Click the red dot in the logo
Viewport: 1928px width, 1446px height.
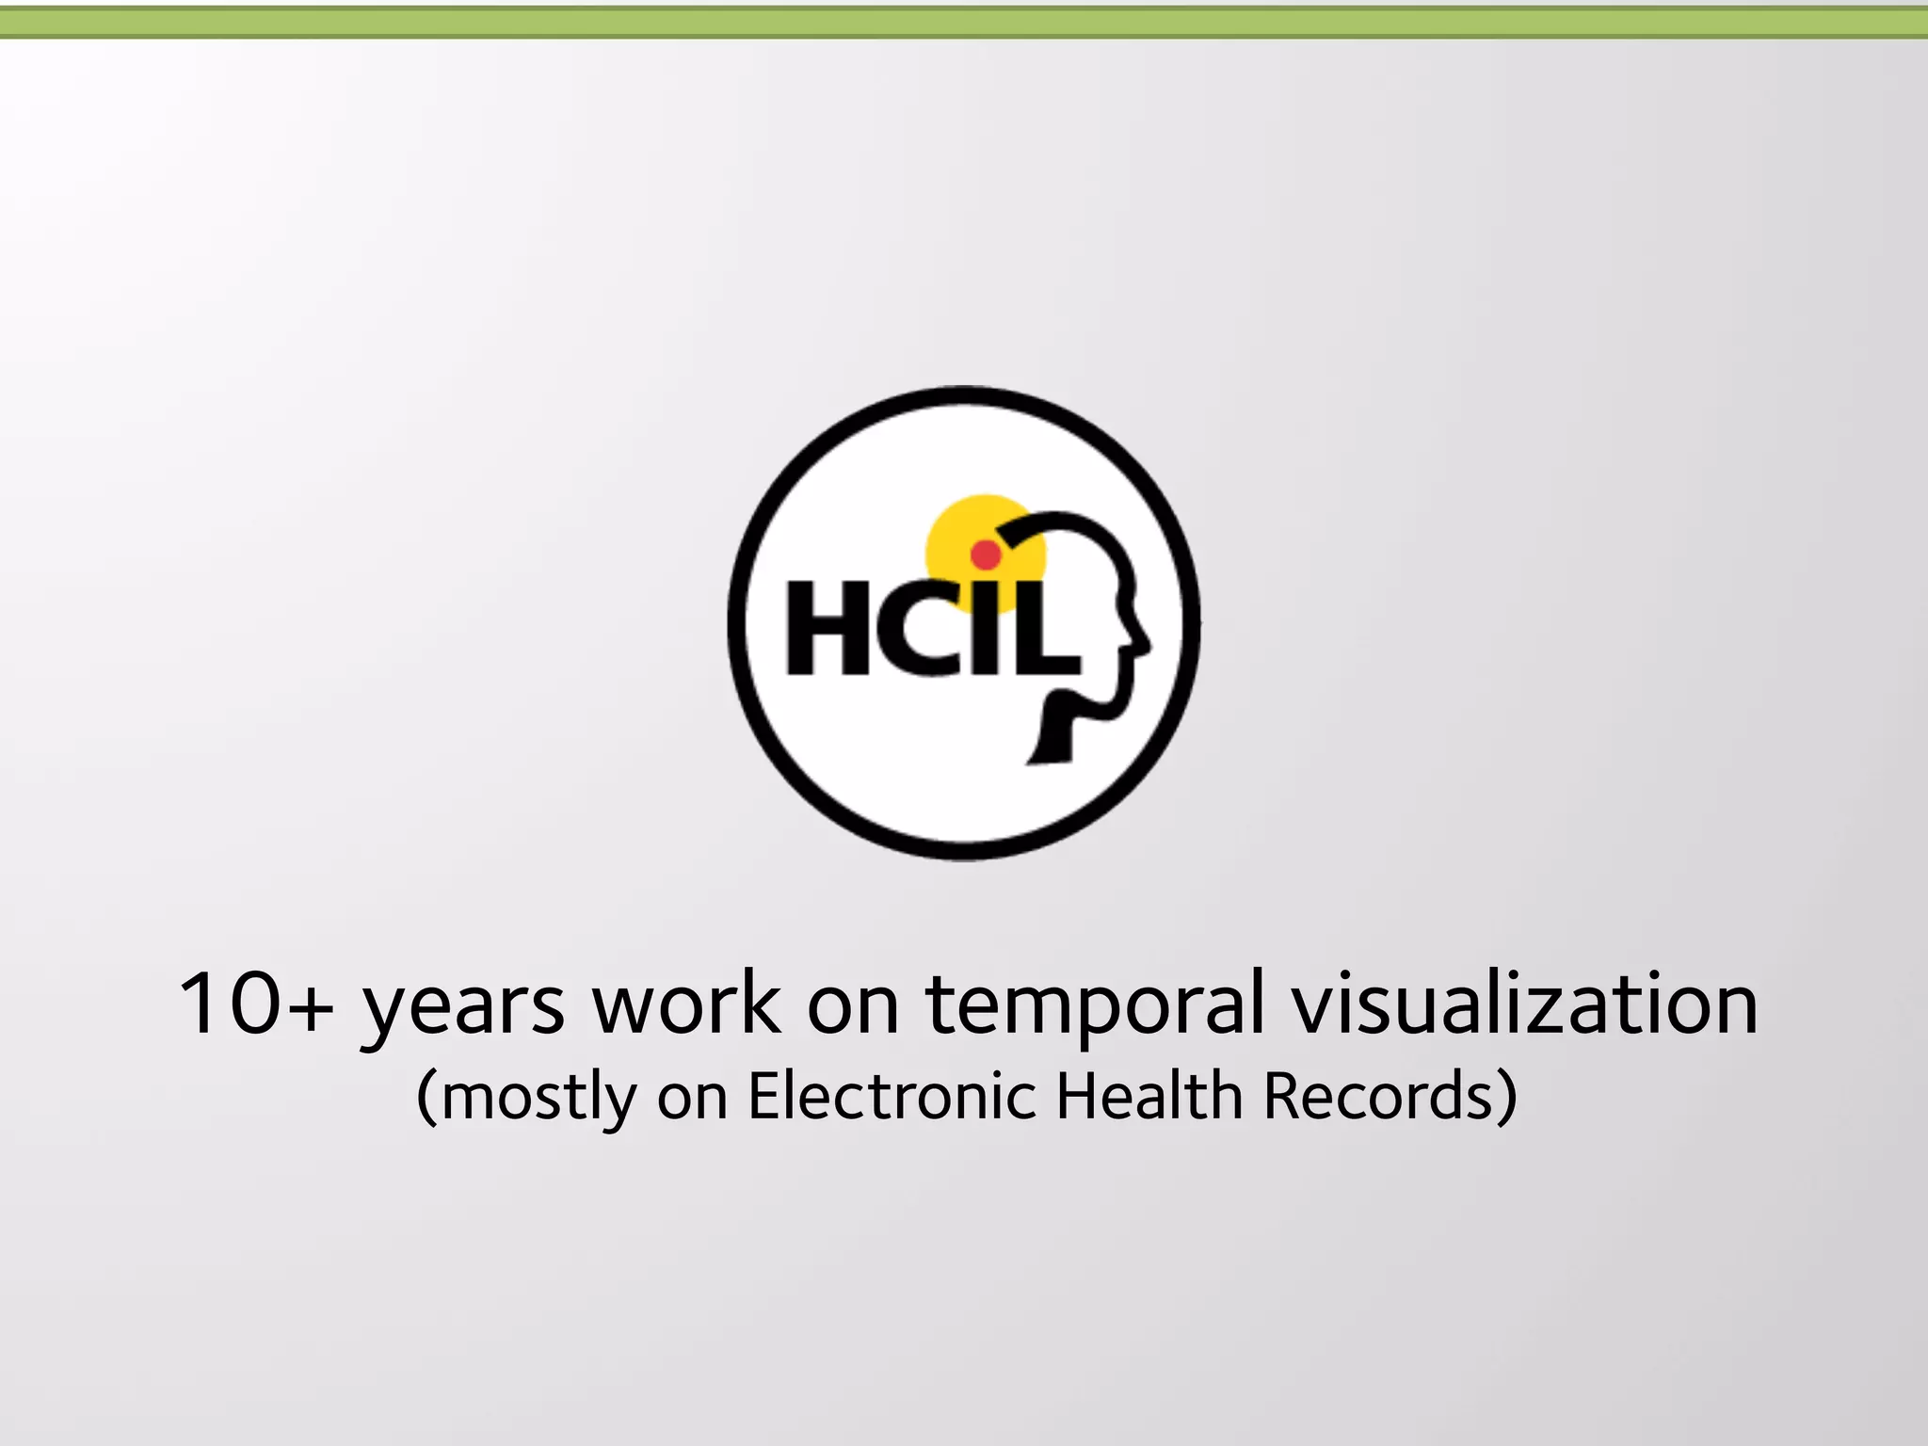(x=986, y=554)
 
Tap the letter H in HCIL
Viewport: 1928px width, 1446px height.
(x=827, y=628)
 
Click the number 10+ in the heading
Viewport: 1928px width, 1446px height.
(x=255, y=1004)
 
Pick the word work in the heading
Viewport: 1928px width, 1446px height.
(x=686, y=1004)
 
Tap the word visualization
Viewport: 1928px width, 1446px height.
(x=1524, y=1004)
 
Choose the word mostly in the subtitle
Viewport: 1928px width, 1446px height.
(x=538, y=1097)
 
